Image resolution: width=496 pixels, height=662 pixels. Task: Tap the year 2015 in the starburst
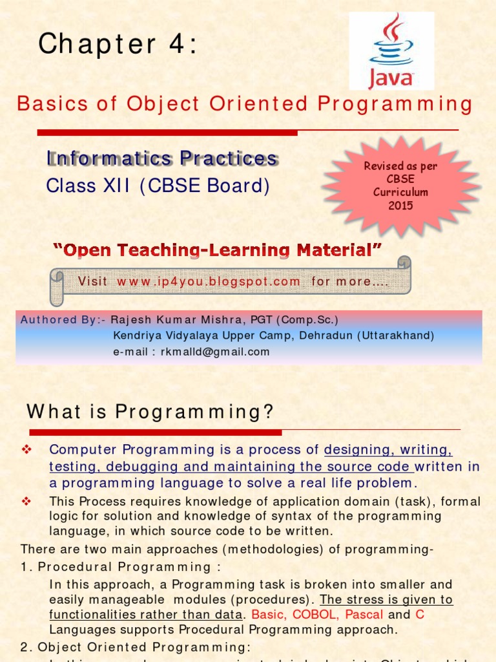(x=400, y=206)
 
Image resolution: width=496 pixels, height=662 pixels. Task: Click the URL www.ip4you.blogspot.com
(x=209, y=281)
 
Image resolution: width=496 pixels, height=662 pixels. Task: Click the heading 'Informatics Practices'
(x=162, y=158)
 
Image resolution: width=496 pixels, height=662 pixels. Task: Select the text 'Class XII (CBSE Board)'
(x=158, y=186)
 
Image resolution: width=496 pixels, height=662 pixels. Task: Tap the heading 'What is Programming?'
(x=150, y=411)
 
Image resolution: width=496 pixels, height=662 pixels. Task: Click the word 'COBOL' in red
(x=315, y=614)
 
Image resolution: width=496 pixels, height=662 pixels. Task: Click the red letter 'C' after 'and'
(x=420, y=614)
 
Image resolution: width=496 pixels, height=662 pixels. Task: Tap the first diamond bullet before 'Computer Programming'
(x=26, y=449)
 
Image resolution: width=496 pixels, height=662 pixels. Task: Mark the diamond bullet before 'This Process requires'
(x=26, y=501)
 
